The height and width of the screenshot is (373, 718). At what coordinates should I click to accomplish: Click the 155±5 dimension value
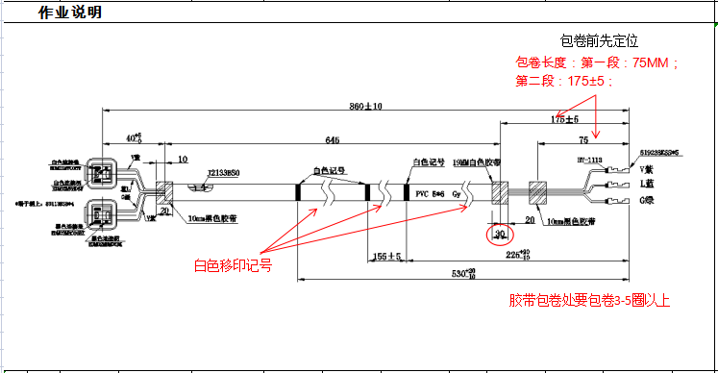click(x=388, y=257)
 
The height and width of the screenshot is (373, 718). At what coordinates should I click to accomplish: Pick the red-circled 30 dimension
click(x=499, y=235)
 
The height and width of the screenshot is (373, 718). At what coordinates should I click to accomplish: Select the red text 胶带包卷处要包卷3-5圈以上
click(x=588, y=301)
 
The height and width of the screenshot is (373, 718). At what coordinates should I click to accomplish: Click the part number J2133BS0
click(x=224, y=173)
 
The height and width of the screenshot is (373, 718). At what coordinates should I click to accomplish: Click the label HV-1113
click(x=588, y=160)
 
